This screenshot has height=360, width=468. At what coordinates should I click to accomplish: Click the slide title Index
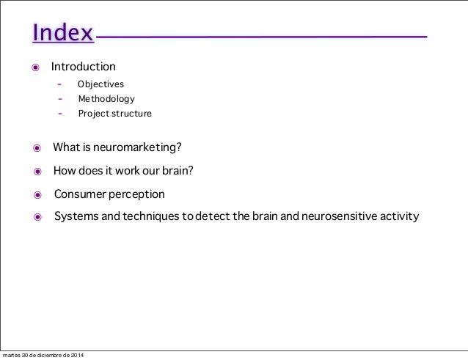(x=62, y=34)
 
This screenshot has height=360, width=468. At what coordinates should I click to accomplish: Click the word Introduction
(x=83, y=67)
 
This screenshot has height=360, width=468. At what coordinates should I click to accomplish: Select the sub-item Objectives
(x=100, y=84)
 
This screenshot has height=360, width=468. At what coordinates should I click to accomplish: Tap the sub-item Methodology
(x=106, y=99)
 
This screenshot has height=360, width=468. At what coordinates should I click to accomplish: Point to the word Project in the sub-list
(x=93, y=114)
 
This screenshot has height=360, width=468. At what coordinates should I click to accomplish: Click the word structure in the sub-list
(x=131, y=114)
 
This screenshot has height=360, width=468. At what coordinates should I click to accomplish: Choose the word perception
(x=137, y=194)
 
